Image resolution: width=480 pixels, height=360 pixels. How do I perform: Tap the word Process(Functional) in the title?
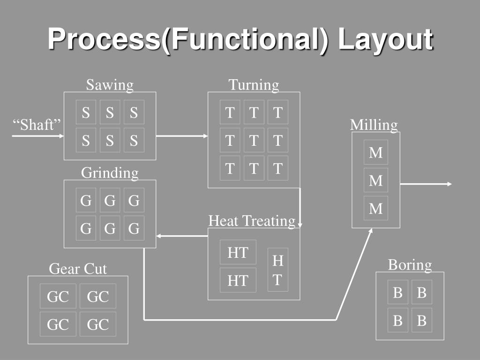(187, 39)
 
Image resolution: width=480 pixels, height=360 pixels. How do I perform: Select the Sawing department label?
(110, 85)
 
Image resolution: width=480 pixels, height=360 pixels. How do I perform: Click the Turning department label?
(254, 85)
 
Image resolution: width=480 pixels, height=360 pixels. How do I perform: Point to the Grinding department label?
(110, 172)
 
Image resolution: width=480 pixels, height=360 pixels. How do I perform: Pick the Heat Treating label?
(252, 220)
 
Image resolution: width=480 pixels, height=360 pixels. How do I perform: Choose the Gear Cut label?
(78, 269)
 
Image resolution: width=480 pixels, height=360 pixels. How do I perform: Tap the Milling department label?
(374, 125)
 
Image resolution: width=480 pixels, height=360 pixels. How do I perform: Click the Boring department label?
(410, 265)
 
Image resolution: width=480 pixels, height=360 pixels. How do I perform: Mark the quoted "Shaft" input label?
(37, 125)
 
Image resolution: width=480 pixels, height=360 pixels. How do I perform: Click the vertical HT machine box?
(278, 270)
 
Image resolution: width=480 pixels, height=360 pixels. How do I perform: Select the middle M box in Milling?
(376, 180)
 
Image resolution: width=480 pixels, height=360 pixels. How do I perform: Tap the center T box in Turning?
(254, 140)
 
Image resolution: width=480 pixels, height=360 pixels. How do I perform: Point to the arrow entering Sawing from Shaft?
(37, 136)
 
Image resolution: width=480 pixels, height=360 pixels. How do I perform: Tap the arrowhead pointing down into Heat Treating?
(300, 225)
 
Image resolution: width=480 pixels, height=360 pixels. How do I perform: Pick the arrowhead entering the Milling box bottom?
(371, 231)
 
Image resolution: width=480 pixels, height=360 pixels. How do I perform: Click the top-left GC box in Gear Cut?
(58, 296)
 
